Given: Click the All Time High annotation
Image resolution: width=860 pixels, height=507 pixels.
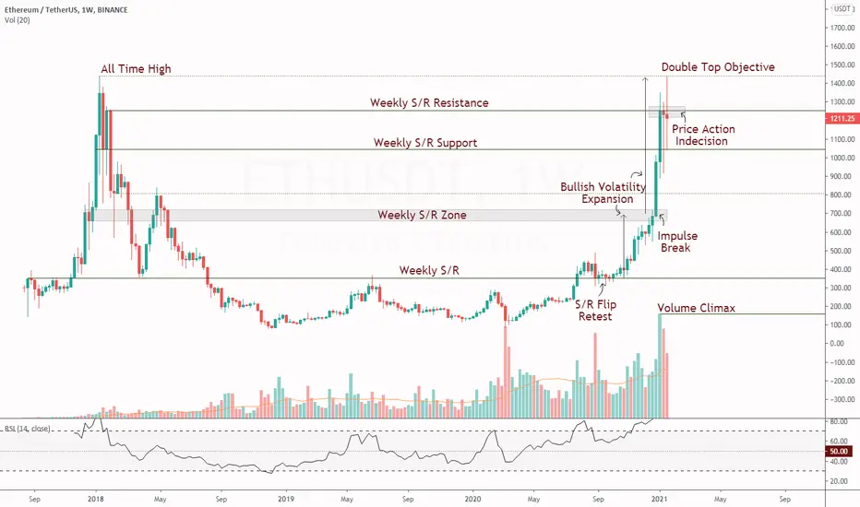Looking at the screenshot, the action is click(x=136, y=68).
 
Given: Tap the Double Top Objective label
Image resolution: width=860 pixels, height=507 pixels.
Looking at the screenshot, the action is click(x=718, y=67).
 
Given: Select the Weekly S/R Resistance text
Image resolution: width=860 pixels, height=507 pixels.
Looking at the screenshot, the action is click(x=429, y=102).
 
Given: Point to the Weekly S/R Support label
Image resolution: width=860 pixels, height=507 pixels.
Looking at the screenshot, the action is click(x=425, y=143).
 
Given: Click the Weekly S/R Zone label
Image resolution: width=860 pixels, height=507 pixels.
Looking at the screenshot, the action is click(x=422, y=215).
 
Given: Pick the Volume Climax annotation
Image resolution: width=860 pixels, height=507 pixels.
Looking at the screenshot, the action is click(x=696, y=308).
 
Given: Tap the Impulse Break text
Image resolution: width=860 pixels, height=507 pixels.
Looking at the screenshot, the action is click(x=677, y=242).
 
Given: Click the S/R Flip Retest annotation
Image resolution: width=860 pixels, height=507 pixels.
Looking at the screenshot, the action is click(x=596, y=311).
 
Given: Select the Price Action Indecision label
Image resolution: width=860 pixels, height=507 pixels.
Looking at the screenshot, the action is click(x=703, y=135).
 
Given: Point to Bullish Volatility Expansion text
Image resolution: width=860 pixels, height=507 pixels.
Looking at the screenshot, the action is click(x=603, y=193).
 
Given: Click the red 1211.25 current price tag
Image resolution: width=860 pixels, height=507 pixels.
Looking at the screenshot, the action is click(x=842, y=118).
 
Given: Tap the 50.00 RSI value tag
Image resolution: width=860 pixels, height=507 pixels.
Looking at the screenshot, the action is click(x=839, y=451).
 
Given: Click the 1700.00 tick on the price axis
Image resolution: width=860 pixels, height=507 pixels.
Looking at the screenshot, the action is click(x=842, y=28).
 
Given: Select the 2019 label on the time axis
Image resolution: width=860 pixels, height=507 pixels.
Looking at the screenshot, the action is click(x=286, y=499).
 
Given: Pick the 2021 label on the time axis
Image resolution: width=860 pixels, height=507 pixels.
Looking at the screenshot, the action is click(x=659, y=499).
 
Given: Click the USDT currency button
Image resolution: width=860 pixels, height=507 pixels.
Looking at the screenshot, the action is click(x=842, y=8).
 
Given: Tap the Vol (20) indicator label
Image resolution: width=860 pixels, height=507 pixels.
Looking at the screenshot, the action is click(x=17, y=20).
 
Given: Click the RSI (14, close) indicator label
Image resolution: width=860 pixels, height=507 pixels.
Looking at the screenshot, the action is click(x=28, y=429).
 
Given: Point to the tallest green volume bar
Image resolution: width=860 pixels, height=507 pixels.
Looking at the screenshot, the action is click(x=660, y=366).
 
